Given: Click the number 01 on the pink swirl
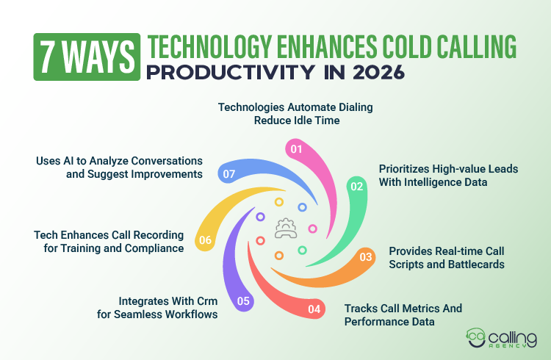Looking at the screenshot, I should pos(296,149).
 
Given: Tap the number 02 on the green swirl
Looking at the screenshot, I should pos(357,187).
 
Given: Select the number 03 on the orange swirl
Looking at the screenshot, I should pos(365,256).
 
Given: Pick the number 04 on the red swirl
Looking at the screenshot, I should pos(314,309).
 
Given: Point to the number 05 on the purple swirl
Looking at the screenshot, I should pos(244,300).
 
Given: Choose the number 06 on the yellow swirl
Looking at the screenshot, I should pos(206,240).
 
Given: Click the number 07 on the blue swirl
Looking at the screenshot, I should pos(228,174).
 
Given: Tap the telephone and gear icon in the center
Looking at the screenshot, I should pos(285,230).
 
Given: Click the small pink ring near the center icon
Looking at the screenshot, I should pos(312,228).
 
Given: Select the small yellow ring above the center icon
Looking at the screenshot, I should pos(278,202).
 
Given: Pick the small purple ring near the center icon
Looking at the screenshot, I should pos(260,217).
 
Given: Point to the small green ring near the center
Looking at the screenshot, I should pos(302,251).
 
